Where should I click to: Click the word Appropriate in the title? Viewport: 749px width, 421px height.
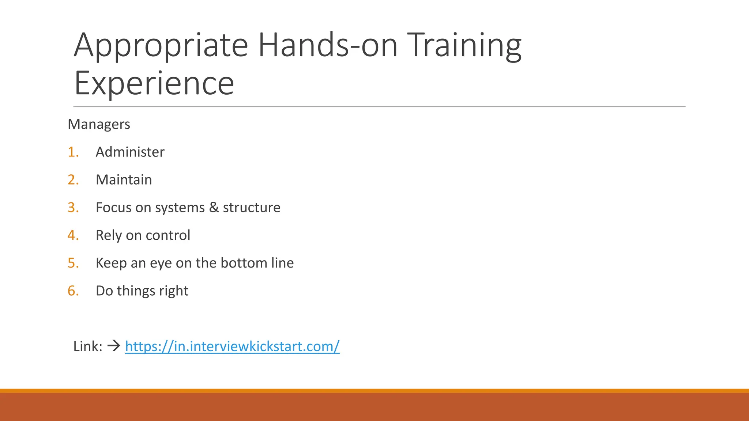point(161,45)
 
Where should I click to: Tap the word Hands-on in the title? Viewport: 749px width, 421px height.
point(328,45)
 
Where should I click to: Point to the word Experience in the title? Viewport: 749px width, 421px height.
point(154,83)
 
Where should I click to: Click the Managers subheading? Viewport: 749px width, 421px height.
point(99,124)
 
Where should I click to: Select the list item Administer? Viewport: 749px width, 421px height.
point(130,152)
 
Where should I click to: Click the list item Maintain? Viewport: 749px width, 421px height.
point(124,180)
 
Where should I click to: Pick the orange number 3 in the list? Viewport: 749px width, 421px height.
point(73,208)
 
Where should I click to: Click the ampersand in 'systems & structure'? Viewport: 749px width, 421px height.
point(214,208)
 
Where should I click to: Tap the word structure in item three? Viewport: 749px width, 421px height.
point(252,208)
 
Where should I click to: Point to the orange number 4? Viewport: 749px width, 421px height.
point(73,235)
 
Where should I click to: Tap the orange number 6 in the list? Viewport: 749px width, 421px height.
point(73,291)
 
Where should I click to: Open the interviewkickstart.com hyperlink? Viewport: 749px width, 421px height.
point(232,346)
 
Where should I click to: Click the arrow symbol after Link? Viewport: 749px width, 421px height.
point(114,346)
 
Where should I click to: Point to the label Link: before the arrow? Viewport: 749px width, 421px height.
point(88,346)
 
